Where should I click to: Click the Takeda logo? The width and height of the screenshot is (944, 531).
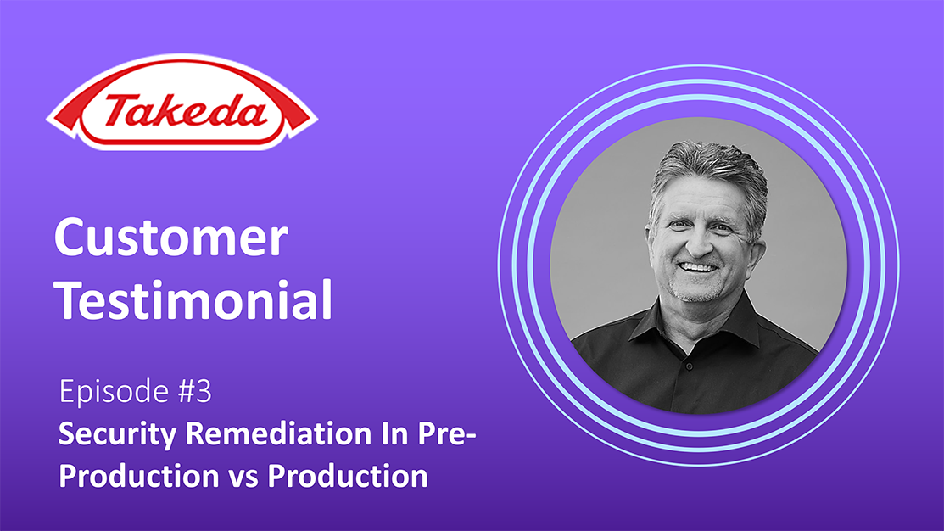[x=182, y=103]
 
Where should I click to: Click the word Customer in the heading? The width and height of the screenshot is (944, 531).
[x=171, y=238]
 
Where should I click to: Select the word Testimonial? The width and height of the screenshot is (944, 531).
[x=193, y=299]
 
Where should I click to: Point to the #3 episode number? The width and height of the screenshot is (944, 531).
[x=194, y=391]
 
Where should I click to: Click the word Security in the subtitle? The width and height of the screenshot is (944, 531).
[x=117, y=434]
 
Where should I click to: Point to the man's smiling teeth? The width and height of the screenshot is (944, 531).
[x=698, y=267]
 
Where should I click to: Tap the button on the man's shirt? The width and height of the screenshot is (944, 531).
[x=689, y=366]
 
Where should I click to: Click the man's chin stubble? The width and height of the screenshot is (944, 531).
[x=697, y=292]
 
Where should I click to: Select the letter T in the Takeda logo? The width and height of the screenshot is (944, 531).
[x=122, y=111]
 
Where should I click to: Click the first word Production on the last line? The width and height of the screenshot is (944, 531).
[x=139, y=477]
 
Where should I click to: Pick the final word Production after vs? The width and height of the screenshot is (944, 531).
[x=348, y=476]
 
